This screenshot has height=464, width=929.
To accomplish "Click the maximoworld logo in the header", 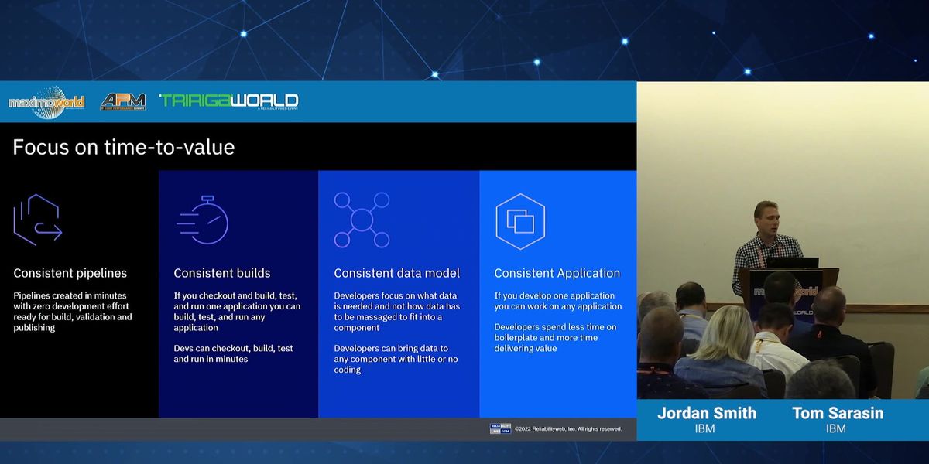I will point(47,101).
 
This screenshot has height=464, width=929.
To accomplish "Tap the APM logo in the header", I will point(123,101).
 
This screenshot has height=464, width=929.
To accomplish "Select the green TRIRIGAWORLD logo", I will point(228,101).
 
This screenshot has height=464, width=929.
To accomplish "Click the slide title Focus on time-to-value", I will point(123,147).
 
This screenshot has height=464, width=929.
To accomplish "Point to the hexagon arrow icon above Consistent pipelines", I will point(37,220).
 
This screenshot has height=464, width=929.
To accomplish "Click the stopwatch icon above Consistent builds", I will point(204,220).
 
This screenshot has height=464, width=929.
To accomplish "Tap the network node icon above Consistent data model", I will point(362,220).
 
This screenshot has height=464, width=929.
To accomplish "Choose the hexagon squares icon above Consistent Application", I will point(520,222).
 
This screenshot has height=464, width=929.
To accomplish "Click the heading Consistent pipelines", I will point(70,273).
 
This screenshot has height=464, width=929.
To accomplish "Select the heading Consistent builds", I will point(222,273).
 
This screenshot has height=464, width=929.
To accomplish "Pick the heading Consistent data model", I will point(397,273).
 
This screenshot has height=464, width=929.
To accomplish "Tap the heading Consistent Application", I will point(557,273).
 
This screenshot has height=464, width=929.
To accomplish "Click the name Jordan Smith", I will point(707,413).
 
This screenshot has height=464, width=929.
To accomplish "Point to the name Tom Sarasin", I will point(838,413).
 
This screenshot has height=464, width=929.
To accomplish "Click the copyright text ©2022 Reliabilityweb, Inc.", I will point(568,428).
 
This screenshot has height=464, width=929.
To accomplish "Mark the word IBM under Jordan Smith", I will point(705,428).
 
